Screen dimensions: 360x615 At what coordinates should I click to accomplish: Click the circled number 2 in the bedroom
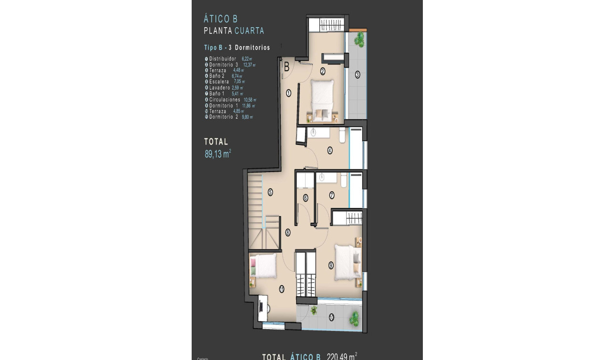click(x=323, y=72)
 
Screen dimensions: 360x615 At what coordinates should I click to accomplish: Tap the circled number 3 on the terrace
click(x=358, y=74)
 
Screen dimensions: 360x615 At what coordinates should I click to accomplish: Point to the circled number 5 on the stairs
click(x=270, y=192)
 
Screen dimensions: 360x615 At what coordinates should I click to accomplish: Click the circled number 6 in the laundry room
click(x=305, y=197)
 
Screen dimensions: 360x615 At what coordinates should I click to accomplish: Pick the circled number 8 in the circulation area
click(x=287, y=233)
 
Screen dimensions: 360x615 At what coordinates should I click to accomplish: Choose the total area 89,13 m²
click(x=218, y=154)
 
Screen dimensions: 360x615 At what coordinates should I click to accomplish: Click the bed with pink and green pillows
click(x=263, y=265)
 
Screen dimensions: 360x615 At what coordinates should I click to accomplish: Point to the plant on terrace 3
click(x=359, y=39)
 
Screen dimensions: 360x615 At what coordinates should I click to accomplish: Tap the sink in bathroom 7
click(x=321, y=178)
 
